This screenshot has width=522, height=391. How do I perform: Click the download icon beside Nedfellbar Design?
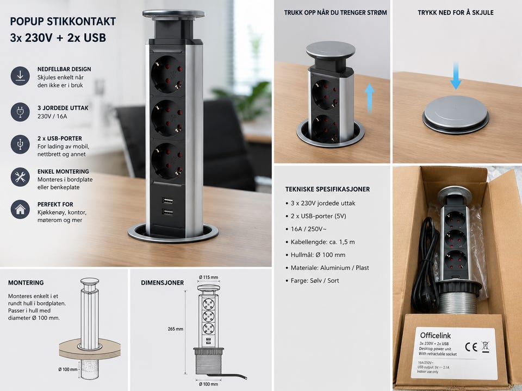pos(20,76)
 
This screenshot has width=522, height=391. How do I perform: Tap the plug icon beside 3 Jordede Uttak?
pos(20,112)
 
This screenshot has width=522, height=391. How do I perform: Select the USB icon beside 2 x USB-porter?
pos(20,144)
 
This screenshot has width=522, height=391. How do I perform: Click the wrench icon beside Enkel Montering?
pos(20,177)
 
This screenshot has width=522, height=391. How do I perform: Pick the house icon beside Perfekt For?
pos(20,210)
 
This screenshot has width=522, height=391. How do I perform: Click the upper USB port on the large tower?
pos(167,200)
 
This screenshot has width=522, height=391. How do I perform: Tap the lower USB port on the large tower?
pos(167,212)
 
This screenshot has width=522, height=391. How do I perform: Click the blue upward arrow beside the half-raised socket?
pos(369,98)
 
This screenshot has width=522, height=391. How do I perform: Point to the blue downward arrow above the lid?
pos(456,76)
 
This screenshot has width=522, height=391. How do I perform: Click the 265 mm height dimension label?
pos(176,329)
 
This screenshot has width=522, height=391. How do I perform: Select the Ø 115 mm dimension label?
pos(208,278)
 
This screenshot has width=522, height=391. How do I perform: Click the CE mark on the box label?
pos(471,347)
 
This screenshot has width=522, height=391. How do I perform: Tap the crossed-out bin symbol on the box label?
pos(486,346)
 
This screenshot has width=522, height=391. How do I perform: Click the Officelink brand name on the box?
pos(436,335)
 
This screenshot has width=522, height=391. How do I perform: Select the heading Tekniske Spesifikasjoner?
pos(327,189)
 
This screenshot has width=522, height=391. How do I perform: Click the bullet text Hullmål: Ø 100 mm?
pos(318,255)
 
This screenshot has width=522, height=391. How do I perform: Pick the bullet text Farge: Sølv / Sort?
pos(315,281)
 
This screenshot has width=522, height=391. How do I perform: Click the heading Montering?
pos(26,282)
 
